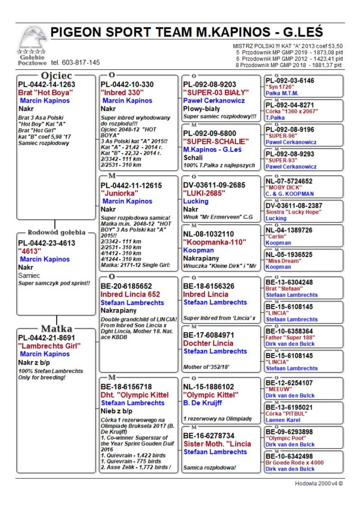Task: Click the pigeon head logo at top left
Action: coord(32,38)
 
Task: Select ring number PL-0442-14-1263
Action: coord(46,84)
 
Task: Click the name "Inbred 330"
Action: coord(122,92)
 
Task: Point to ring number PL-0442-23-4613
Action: coord(46,243)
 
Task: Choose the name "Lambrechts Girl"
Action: coord(49,346)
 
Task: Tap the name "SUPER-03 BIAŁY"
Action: coord(216,92)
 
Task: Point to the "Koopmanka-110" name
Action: coord(214,242)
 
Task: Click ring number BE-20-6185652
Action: coord(126,286)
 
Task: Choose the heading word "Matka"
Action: coord(57,328)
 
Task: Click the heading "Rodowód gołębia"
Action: coord(56,233)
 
